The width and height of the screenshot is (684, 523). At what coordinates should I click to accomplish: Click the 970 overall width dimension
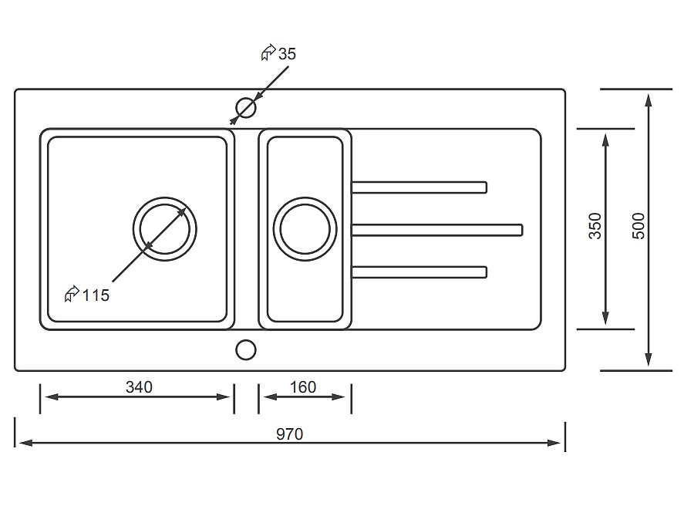coord(290,434)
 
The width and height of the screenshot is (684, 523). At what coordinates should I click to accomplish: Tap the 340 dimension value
coord(139,387)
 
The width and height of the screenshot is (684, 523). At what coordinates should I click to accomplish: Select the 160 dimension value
coord(303,387)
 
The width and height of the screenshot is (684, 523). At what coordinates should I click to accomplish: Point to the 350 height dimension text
coord(595,225)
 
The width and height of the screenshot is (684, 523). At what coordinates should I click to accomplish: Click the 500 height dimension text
coord(638,225)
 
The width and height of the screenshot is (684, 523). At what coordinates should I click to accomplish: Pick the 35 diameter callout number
coord(287,54)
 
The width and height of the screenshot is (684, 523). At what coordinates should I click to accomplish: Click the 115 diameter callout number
coord(96,295)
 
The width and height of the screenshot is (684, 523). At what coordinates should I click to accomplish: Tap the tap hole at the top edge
coord(245,107)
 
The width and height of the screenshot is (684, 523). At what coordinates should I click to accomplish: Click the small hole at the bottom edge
coord(245,350)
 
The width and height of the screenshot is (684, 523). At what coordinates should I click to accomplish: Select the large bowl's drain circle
coord(165,229)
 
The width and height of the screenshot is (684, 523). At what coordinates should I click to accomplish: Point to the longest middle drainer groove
coord(436,230)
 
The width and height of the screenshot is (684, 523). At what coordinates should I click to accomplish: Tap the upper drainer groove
coord(419,187)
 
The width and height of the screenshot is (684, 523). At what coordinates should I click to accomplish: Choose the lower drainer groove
coord(419,272)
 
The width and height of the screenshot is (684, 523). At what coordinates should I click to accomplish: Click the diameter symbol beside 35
coord(268,53)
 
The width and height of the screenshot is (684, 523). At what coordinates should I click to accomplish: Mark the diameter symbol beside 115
coord(72,294)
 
